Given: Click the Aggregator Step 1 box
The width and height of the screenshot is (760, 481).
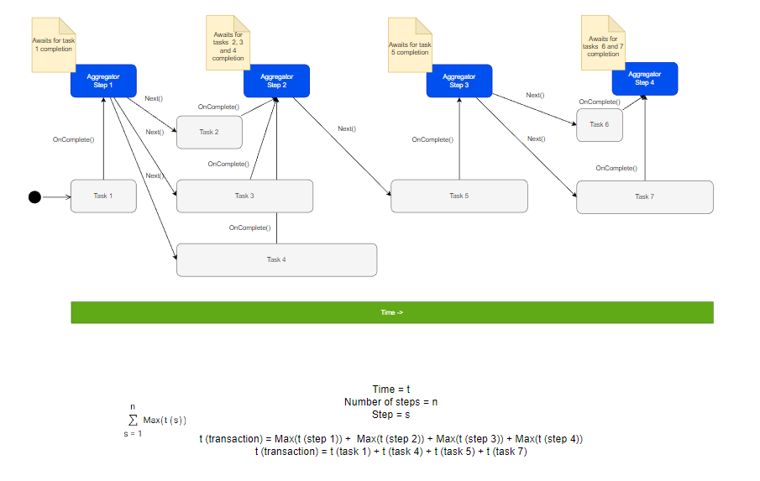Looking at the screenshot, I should [x=103, y=81].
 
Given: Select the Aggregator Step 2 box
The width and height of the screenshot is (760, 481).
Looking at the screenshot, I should [x=277, y=81].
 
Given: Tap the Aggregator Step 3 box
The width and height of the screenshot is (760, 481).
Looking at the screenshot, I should [x=459, y=81].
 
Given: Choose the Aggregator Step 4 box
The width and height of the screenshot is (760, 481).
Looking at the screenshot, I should [x=644, y=78].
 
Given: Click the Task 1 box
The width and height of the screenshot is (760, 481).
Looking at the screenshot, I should [x=103, y=196].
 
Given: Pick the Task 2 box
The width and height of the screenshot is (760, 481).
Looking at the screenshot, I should [x=209, y=132].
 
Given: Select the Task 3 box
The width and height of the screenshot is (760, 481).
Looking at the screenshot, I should [x=244, y=196].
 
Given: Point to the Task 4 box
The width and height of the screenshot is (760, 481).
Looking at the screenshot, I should [x=276, y=259].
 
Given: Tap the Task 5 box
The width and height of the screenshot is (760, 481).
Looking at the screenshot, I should [x=459, y=196].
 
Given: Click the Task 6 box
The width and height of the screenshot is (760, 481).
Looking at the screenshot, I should [x=599, y=124].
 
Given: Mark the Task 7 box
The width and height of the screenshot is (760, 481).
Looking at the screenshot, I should [x=644, y=196].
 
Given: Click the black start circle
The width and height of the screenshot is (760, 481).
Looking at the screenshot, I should [x=34, y=197].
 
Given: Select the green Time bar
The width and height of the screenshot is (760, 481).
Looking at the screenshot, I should [x=391, y=312].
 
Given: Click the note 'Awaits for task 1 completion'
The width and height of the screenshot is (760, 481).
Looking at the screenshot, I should [x=53, y=42].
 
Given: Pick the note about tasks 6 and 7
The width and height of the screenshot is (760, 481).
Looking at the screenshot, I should [x=603, y=44].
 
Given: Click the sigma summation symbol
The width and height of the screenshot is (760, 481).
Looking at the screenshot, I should [x=133, y=420].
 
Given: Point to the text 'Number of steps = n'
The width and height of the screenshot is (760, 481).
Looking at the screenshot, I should [x=390, y=402].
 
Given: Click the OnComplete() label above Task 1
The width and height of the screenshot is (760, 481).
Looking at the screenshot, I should [x=73, y=139].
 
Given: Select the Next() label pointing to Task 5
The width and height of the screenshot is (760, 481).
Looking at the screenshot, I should [x=347, y=128].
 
